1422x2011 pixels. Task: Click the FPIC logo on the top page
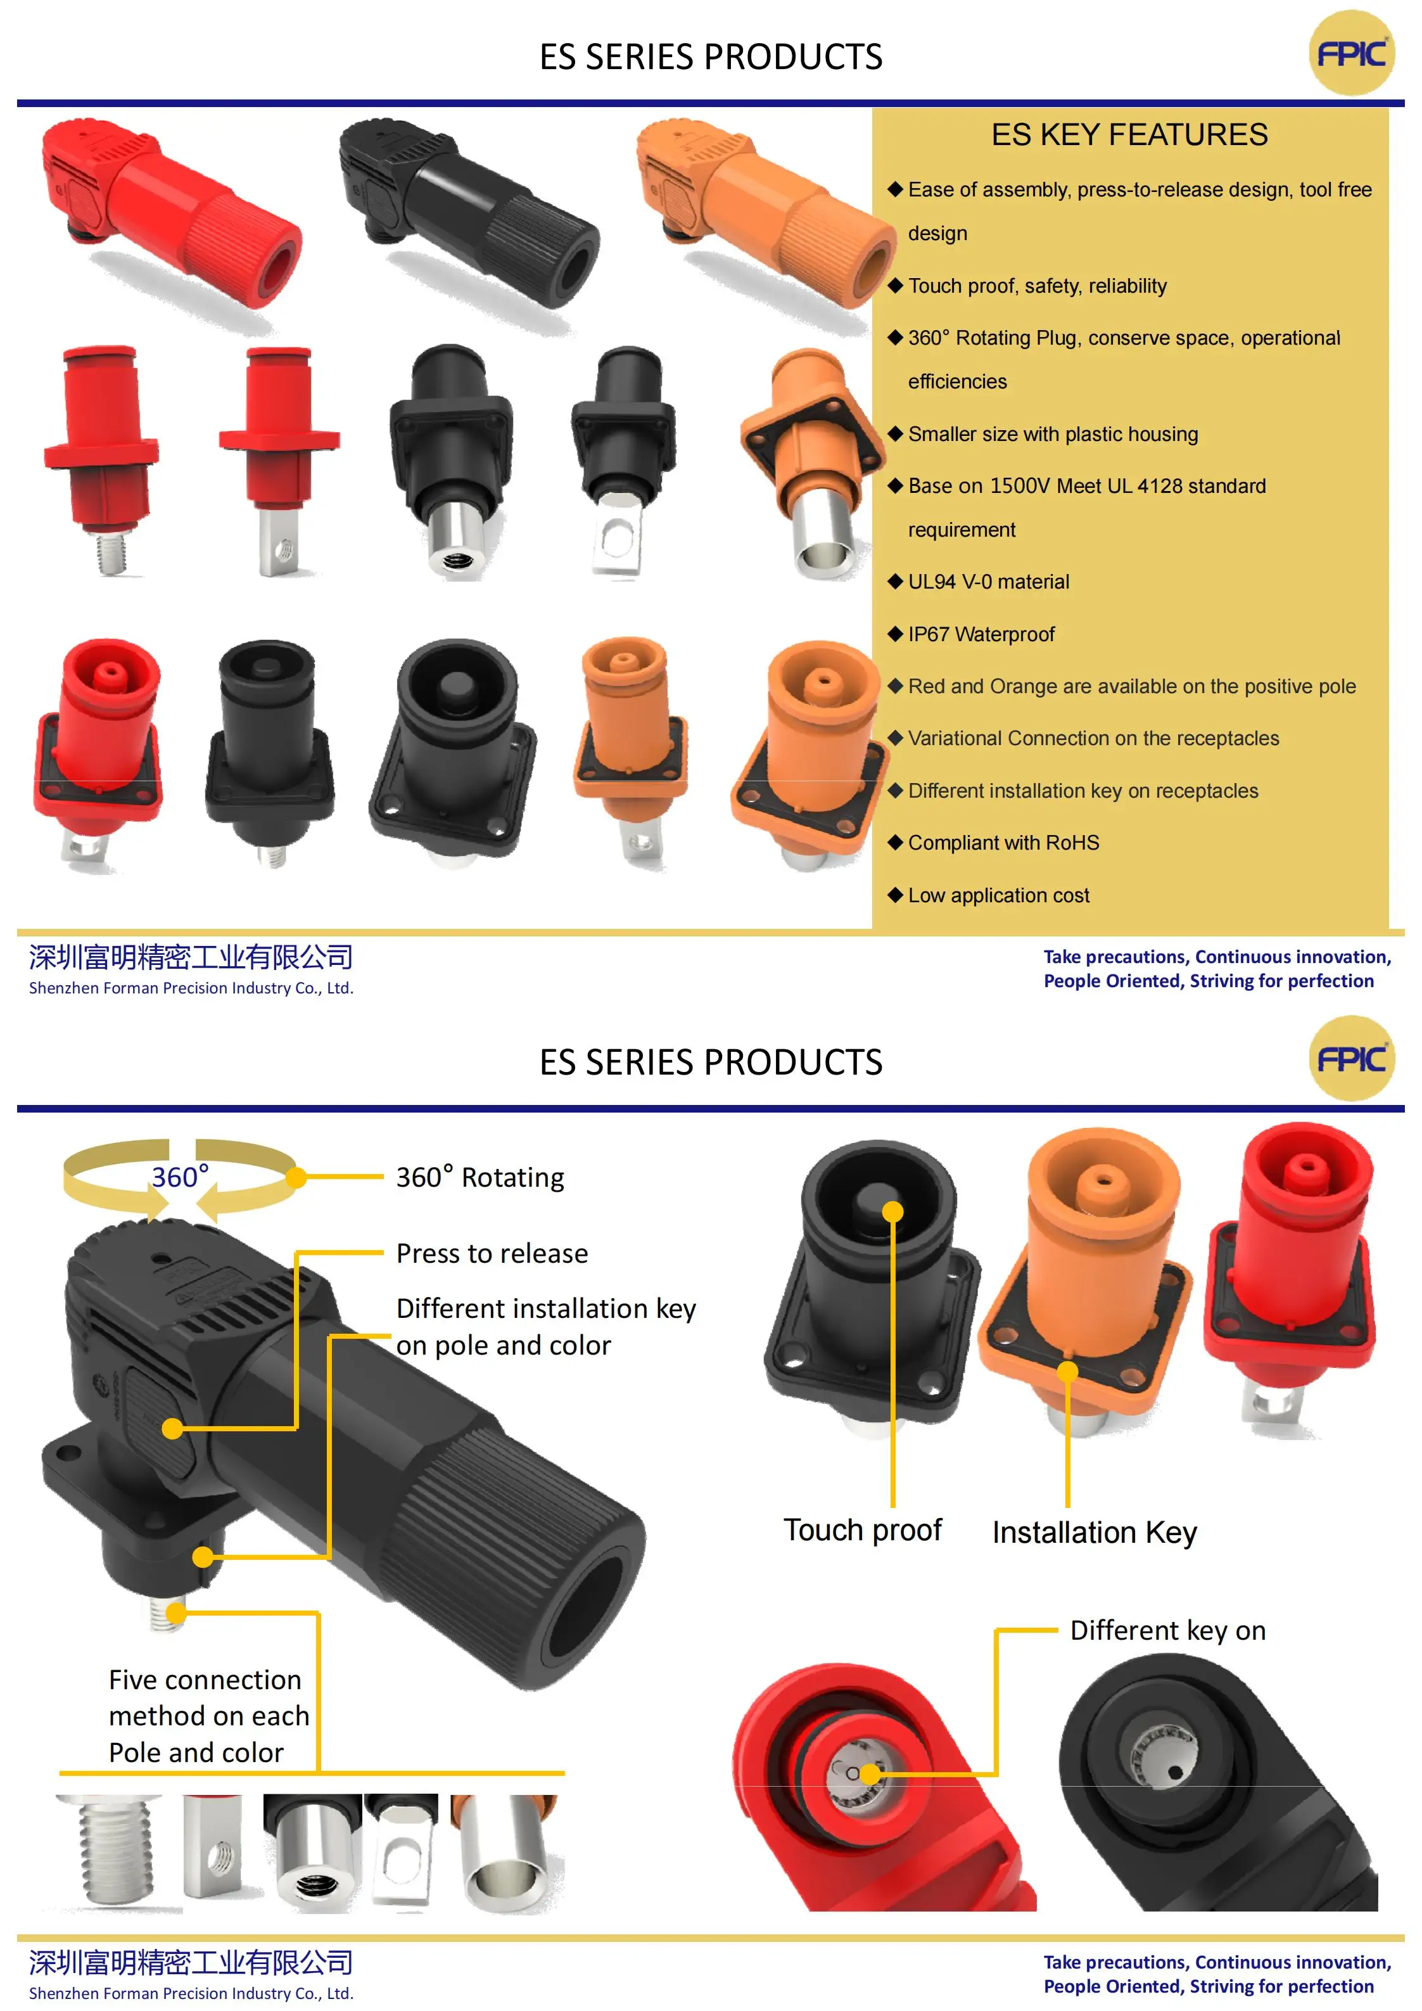(x=1351, y=53)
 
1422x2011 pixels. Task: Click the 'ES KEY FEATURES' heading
(x=1129, y=135)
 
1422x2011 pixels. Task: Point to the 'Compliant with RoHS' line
(x=1003, y=843)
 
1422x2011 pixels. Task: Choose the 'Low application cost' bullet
(x=998, y=895)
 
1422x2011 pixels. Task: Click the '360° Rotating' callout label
(x=480, y=1177)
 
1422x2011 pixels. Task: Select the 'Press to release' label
(x=492, y=1253)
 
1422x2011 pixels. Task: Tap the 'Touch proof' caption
(x=863, y=1530)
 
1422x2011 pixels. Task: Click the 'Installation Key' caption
(x=1094, y=1533)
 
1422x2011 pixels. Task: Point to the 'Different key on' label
(x=1167, y=1630)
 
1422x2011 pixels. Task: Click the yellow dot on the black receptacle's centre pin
(x=892, y=1211)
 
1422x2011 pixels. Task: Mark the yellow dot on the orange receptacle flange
(x=1067, y=1372)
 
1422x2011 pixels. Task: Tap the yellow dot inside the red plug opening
(x=870, y=1773)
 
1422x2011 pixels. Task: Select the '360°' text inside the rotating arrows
(x=181, y=1177)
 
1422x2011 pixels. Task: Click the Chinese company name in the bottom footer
(x=191, y=1962)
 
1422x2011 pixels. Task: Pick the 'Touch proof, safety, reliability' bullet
(x=1037, y=286)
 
